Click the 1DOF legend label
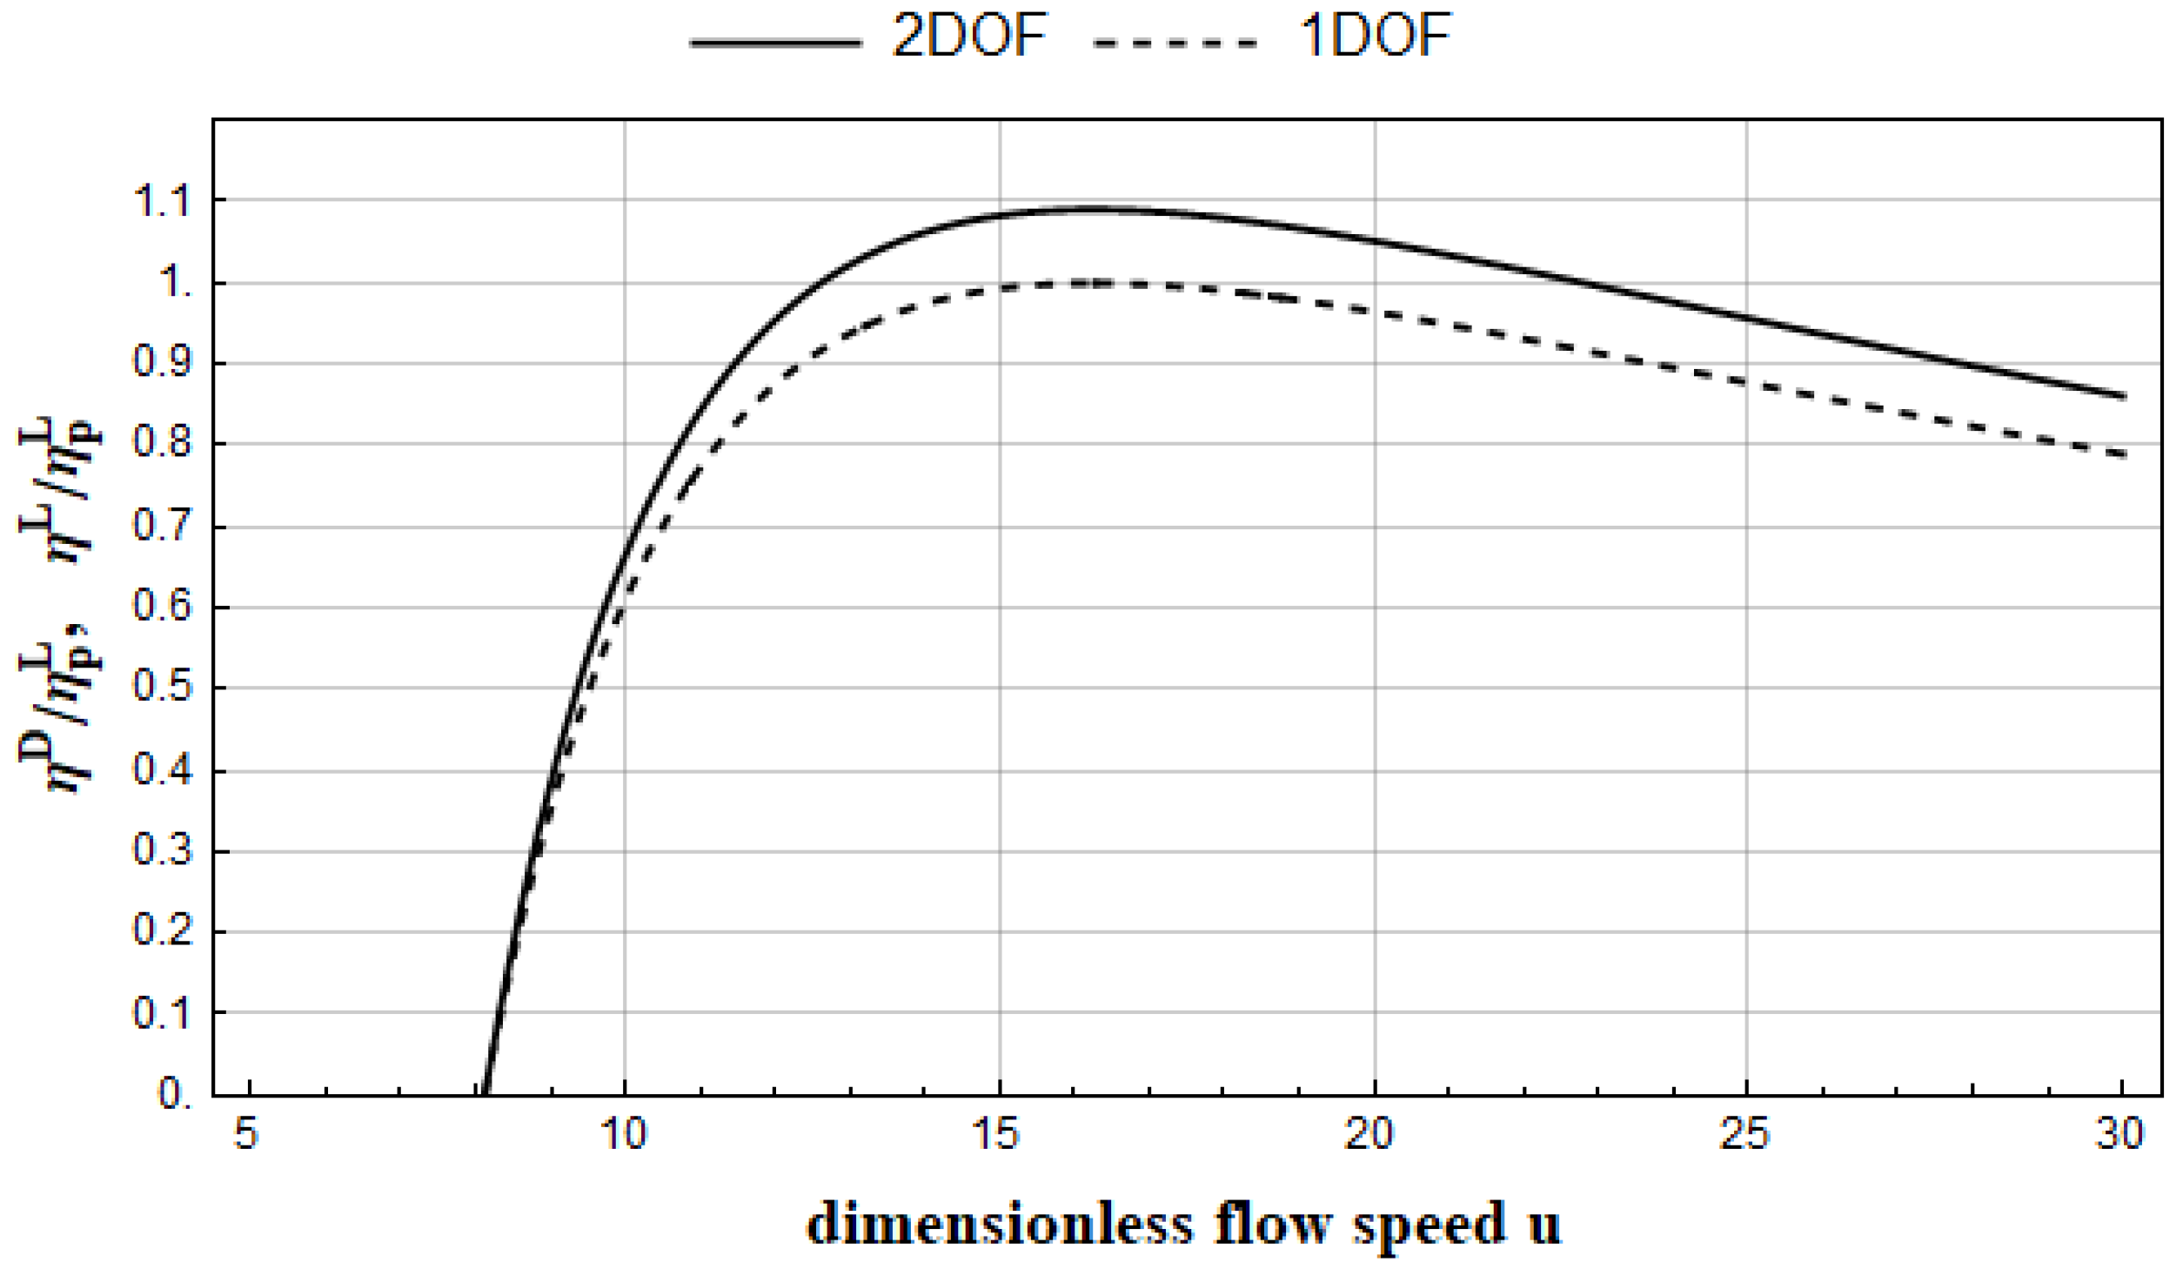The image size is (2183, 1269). pyautogui.click(x=1375, y=37)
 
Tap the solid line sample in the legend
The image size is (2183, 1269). pyautogui.click(x=775, y=42)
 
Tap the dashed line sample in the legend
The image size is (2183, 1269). pyautogui.click(x=1175, y=42)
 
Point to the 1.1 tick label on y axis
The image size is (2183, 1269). pyautogui.click(x=162, y=202)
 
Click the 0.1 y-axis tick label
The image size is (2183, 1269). pyautogui.click(x=162, y=1013)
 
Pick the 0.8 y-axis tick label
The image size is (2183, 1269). pyautogui.click(x=162, y=443)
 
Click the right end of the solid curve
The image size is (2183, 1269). pyautogui.click(x=2124, y=397)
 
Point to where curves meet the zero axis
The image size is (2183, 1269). pyautogui.click(x=485, y=1093)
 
